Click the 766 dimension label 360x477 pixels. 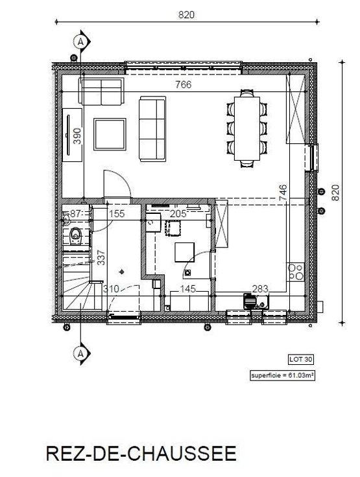(x=184, y=84)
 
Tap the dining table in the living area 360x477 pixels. (x=247, y=128)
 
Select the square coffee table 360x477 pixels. (x=110, y=134)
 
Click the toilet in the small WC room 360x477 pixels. (x=75, y=236)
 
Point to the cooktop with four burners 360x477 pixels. (x=296, y=272)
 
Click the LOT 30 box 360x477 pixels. (x=300, y=359)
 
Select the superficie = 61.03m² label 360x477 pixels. (x=282, y=375)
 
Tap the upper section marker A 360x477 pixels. (x=80, y=41)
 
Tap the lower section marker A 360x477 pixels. (x=80, y=353)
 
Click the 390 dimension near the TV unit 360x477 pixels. (x=77, y=136)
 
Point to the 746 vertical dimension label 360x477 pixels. (x=283, y=192)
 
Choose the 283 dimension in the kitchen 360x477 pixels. (x=260, y=288)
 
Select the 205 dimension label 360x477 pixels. (x=178, y=214)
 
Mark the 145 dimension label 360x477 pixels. (x=187, y=288)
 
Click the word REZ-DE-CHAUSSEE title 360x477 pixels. (x=141, y=454)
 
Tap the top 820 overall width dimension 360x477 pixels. (x=186, y=15)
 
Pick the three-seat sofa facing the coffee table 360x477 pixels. (x=152, y=129)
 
